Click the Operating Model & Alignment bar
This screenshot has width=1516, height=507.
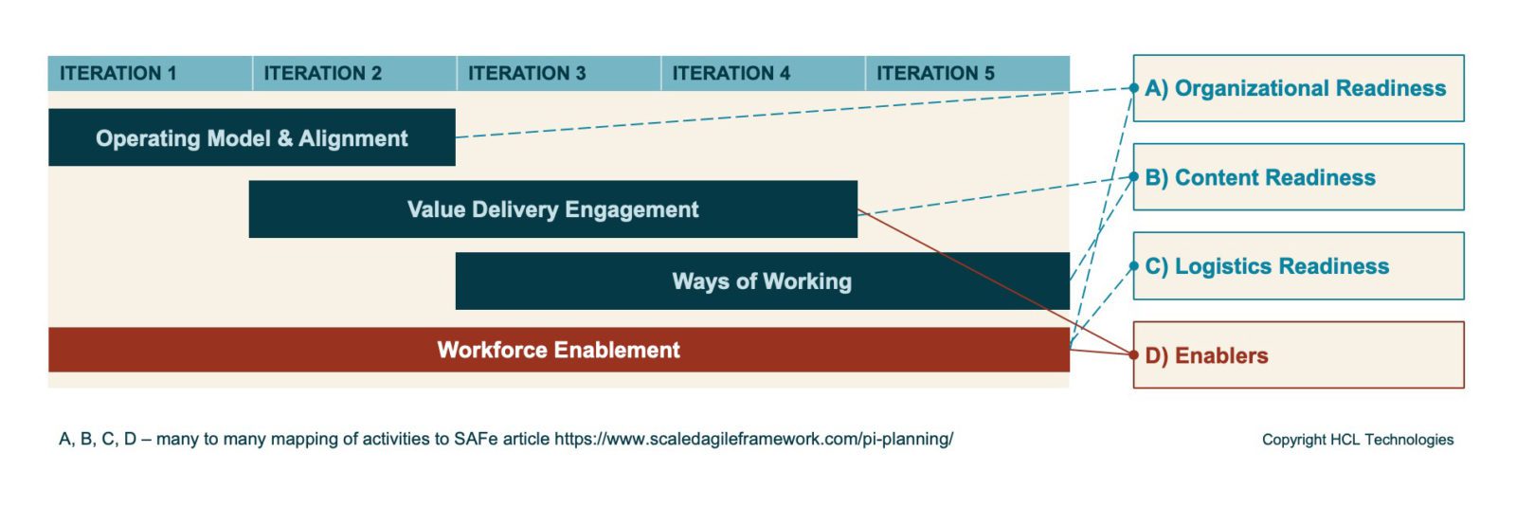[x=251, y=138]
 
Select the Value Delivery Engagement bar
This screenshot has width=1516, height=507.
[x=552, y=209]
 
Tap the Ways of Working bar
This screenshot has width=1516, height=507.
[x=762, y=281]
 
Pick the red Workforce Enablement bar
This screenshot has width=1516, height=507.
[x=558, y=350]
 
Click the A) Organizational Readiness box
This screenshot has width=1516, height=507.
[x=1298, y=88]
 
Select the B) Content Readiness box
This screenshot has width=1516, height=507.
[x=1298, y=177]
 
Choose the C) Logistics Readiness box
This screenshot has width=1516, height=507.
[x=1298, y=266]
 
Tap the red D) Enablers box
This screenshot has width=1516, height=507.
[x=1298, y=355]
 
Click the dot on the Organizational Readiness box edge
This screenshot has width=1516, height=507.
[x=1134, y=88]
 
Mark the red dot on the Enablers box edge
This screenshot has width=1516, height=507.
[x=1134, y=355]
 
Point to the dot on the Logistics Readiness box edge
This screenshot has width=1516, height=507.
[x=1134, y=266]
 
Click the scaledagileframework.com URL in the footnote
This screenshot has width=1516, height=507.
[x=753, y=439]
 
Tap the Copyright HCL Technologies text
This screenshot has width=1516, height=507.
[x=1357, y=440]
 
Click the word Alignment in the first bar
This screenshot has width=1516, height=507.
[x=353, y=138]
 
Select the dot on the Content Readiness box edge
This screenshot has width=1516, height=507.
[x=1134, y=177]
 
